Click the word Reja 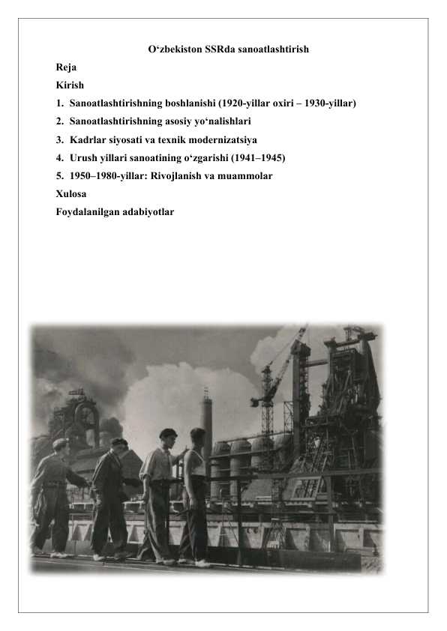click(65, 67)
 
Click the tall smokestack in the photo click(206, 427)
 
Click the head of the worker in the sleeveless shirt click(197, 435)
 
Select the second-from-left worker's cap click(118, 442)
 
